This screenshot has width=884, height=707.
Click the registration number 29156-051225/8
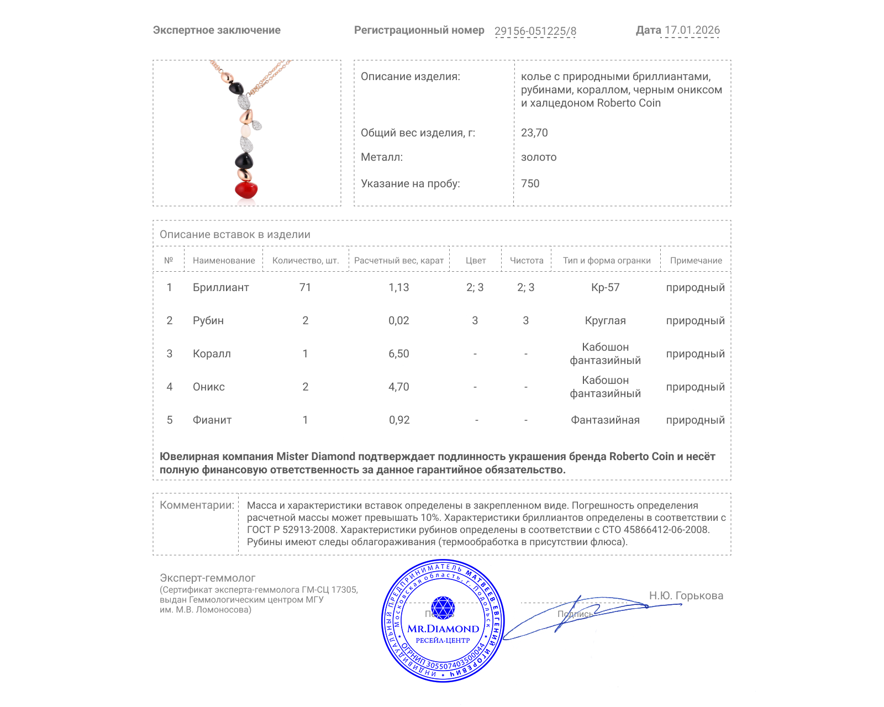pos(535,31)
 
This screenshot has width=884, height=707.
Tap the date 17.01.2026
pos(692,30)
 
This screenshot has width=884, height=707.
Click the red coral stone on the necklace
pos(246,190)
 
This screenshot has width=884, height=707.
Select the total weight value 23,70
pos(534,133)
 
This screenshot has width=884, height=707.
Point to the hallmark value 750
pos(530,183)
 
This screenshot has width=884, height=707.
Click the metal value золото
pos(539,157)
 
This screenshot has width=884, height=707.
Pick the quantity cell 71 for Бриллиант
pos(305,287)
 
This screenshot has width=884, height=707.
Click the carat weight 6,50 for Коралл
pos(398,353)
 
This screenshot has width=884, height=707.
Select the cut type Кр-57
pos(605,287)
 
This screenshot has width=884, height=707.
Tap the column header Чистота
pos(526,261)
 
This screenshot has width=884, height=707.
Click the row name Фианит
pos(212,420)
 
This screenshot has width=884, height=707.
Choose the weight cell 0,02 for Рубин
pos(398,320)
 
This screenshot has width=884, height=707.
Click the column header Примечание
pos(696,261)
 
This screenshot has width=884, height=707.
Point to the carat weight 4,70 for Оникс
pos(398,387)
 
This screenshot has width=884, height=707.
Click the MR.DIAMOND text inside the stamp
pos(443,629)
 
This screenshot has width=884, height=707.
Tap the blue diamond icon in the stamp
pos(443,608)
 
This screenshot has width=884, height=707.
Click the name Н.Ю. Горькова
pos(686,595)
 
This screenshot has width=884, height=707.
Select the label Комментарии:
pos(197,505)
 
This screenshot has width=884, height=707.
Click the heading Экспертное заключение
pos(217,30)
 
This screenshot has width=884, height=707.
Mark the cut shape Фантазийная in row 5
pos(605,420)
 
